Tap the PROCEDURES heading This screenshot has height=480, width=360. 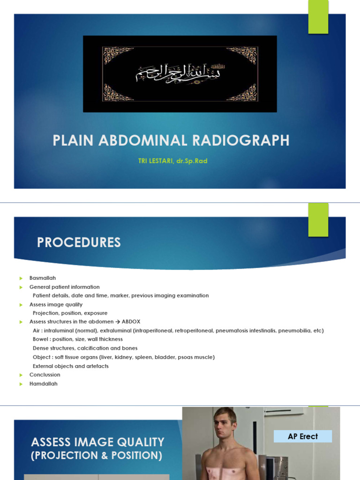tap(79, 242)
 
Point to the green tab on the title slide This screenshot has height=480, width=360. tap(318, 17)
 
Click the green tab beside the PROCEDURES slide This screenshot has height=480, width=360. tap(318, 220)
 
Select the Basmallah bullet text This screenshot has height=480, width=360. tap(43, 278)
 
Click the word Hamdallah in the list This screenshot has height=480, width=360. tap(44, 383)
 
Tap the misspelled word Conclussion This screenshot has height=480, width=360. tap(45, 375)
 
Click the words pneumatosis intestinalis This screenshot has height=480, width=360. tap(246, 330)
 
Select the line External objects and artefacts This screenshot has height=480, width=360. tap(70, 366)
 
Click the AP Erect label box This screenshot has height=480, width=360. tap(303, 436)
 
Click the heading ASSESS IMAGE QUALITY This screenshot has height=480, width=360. tap(97, 442)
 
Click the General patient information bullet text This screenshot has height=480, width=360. tap(65, 287)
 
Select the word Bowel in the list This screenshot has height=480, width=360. tap(41, 339)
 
